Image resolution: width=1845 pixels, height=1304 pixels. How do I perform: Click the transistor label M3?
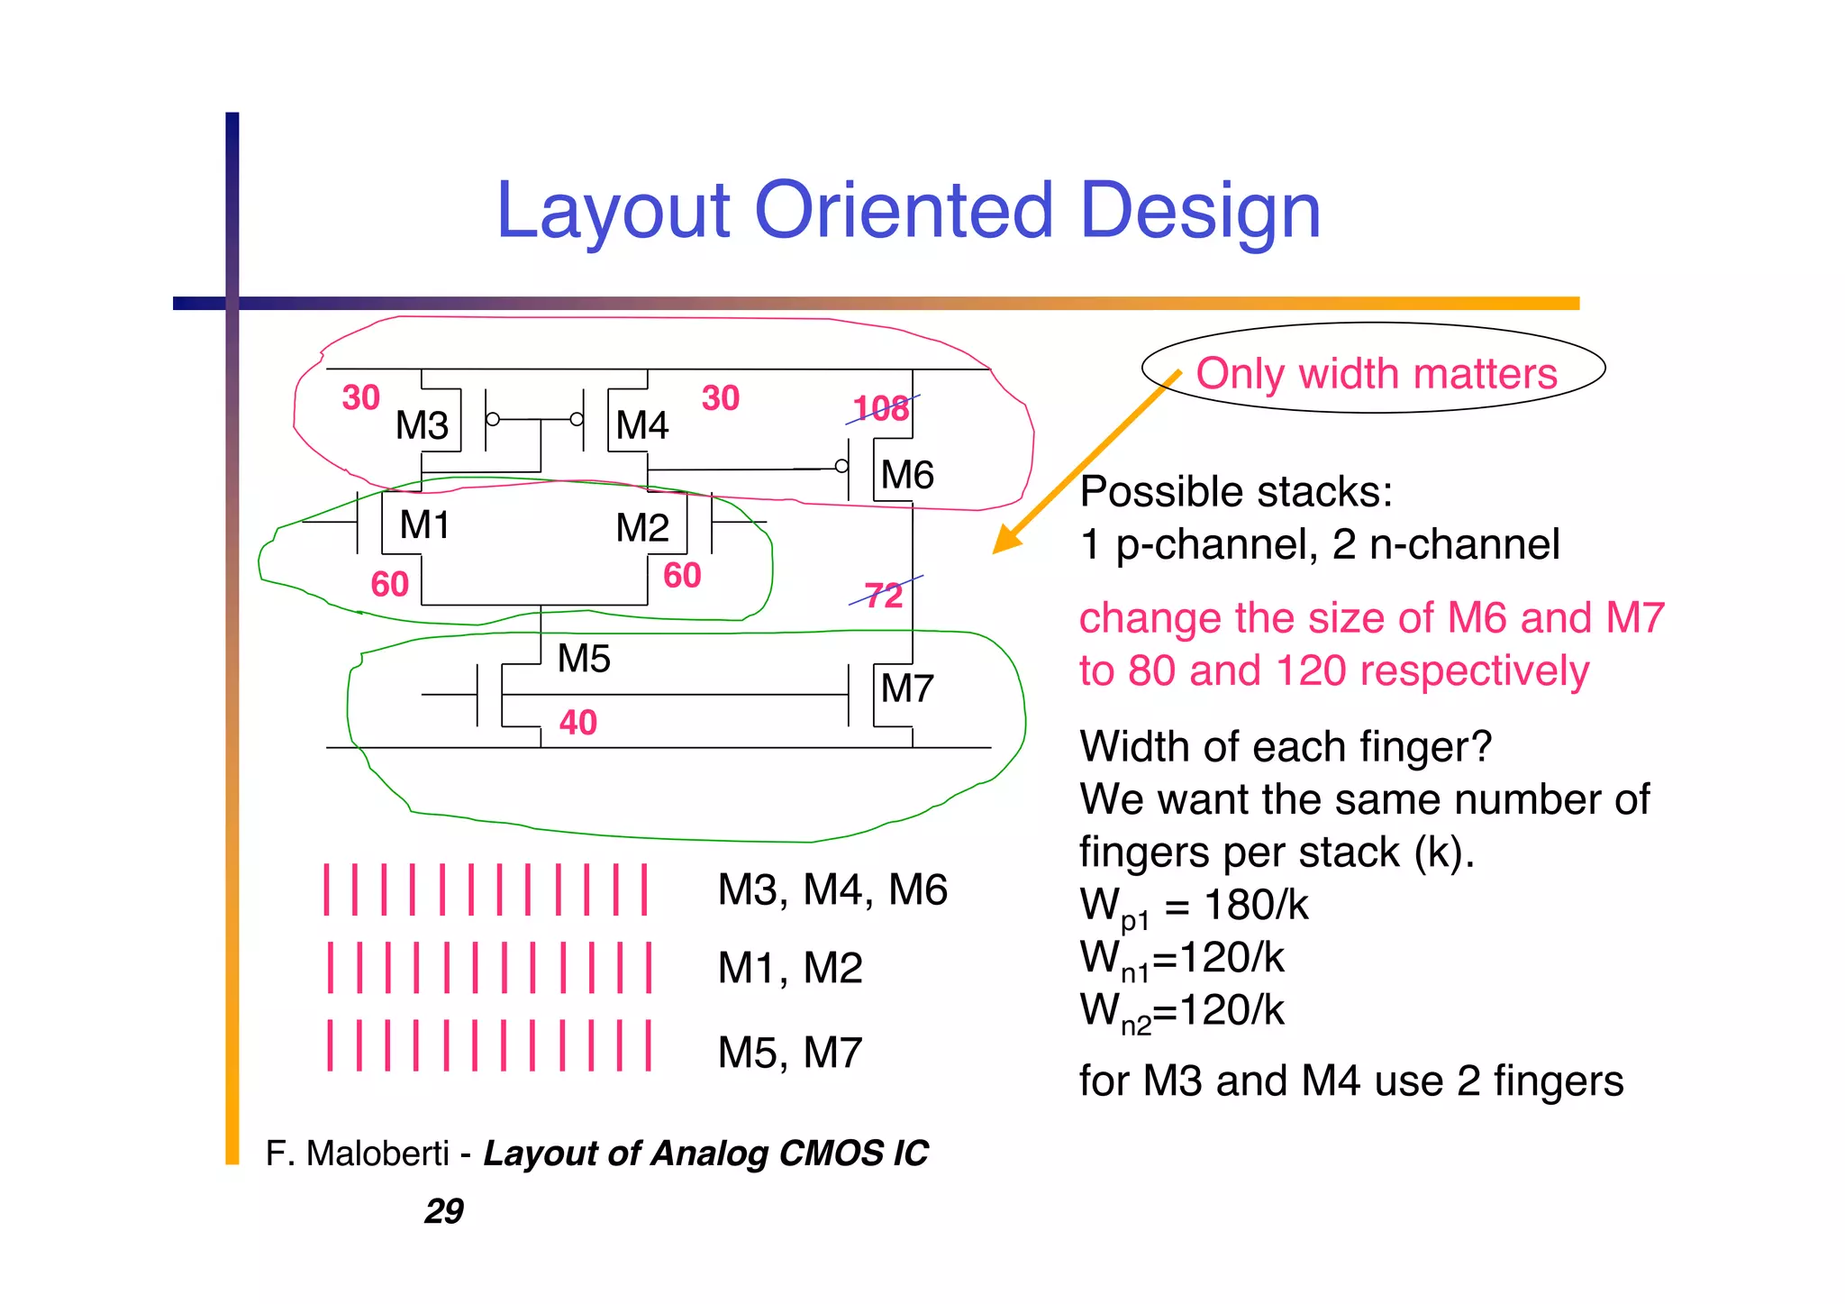point(422,425)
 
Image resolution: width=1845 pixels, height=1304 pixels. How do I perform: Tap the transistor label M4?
point(641,425)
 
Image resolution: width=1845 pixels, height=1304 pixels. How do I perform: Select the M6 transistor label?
point(906,475)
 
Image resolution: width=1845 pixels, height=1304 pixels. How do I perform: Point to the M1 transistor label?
point(424,524)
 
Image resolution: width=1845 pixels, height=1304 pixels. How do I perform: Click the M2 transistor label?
point(641,528)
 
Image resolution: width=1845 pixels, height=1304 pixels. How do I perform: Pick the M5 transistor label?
point(584,659)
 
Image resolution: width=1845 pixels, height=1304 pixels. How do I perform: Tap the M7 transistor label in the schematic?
point(906,689)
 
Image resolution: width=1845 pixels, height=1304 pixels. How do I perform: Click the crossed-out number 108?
point(881,409)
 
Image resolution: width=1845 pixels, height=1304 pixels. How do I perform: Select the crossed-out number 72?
point(883,596)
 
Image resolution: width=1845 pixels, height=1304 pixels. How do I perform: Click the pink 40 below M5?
point(577,723)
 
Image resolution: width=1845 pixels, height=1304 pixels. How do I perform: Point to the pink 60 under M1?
point(390,585)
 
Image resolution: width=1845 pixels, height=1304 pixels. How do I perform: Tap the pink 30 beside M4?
point(720,398)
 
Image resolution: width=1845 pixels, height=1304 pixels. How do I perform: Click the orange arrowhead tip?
point(996,550)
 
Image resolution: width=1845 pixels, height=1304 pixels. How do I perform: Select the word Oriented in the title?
point(903,211)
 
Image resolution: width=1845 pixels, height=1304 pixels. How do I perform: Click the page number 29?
point(444,1211)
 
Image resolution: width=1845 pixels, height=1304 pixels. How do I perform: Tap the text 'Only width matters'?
point(1376,373)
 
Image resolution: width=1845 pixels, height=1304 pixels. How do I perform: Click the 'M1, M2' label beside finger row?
point(789,969)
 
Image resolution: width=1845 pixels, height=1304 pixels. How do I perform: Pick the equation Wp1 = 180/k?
point(1194,906)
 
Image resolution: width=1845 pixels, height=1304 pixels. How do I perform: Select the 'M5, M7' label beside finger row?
point(789,1053)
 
